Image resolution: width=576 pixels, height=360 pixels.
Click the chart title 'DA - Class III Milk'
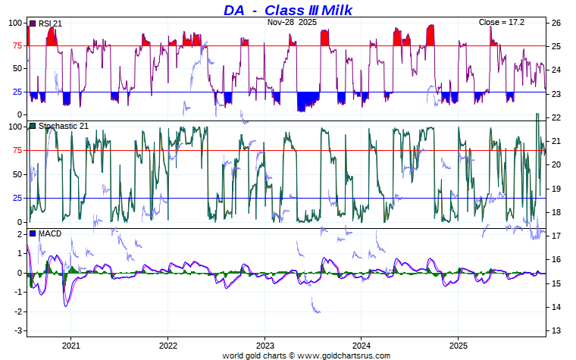288,10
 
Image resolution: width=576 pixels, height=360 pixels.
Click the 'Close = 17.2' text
501,23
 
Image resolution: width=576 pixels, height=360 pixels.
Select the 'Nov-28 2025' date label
292,23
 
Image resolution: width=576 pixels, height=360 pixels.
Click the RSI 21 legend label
49,23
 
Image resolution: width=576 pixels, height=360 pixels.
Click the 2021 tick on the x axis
70,344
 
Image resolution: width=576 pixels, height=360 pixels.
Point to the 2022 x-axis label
167,344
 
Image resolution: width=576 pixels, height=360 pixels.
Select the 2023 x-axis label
265,344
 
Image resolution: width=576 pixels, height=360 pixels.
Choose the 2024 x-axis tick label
362,344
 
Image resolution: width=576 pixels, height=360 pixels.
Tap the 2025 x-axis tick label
458,344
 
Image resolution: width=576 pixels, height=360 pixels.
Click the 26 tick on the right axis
556,23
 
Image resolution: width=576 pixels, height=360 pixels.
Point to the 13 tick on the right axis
556,331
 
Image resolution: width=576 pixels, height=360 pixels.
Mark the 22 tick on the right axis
556,117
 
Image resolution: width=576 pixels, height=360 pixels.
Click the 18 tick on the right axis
556,212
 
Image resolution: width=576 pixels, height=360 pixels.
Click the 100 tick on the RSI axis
16,23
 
